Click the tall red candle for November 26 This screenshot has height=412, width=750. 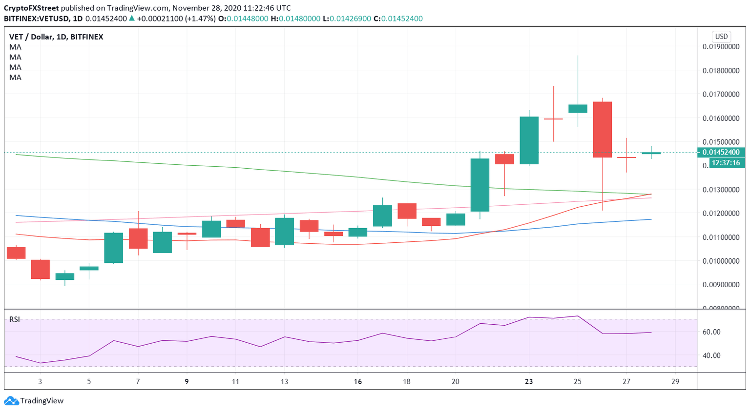(602, 129)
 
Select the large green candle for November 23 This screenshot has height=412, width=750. (529, 140)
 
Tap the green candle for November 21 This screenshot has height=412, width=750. (479, 185)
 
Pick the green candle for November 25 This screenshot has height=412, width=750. (578, 108)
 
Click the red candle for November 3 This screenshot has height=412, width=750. (40, 269)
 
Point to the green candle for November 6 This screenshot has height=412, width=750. (113, 248)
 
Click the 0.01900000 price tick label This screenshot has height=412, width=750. (721, 47)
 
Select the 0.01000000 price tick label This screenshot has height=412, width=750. (721, 261)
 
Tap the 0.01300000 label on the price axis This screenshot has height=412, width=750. (721, 190)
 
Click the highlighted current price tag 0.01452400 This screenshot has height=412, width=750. (721, 152)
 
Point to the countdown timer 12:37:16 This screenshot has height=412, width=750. (726, 163)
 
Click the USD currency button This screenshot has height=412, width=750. (721, 37)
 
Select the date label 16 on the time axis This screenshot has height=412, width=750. (358, 382)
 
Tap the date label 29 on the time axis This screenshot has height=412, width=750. (675, 382)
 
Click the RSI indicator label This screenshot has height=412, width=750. (15, 319)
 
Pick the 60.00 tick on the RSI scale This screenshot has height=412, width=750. (711, 332)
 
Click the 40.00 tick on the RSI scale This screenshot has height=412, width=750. (711, 355)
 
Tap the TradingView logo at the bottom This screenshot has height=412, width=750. (34, 401)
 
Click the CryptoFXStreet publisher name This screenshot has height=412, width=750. (32, 8)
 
